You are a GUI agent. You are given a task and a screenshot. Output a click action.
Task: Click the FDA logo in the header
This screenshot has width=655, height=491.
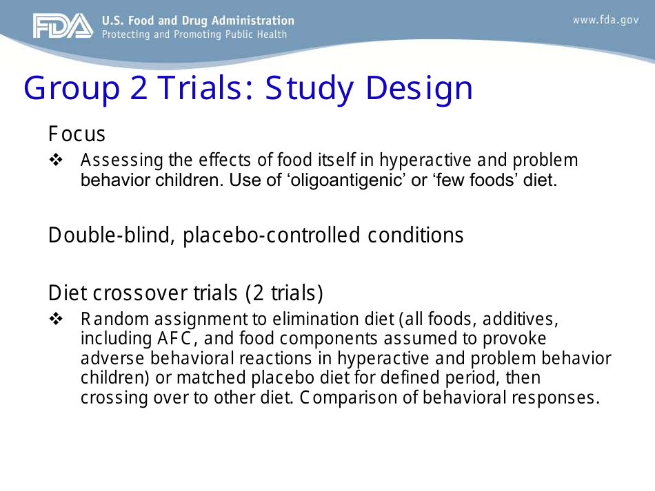tap(62, 26)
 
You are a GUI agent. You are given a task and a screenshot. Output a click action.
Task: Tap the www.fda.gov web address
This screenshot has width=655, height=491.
tap(605, 20)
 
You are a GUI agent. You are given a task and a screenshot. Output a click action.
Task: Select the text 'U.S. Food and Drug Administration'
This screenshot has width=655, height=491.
tap(197, 21)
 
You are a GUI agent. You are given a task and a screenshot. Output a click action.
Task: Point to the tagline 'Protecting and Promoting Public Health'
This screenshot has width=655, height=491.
tap(194, 34)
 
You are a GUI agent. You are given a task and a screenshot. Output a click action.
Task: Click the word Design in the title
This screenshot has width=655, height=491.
tap(419, 88)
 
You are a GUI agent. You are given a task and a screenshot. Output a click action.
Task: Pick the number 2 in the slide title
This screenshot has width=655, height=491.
tap(139, 88)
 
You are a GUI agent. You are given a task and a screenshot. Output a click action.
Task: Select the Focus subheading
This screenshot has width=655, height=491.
tap(77, 133)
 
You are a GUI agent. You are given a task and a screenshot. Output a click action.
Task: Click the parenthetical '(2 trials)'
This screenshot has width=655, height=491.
tap(284, 293)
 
